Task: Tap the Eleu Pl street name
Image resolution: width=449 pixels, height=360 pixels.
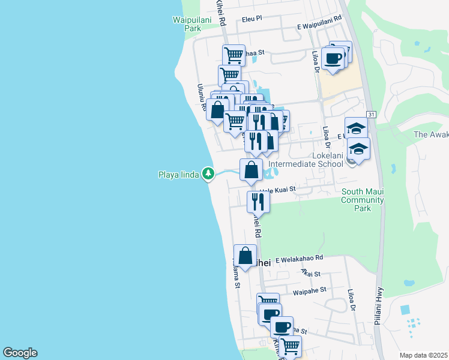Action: pyautogui.click(x=252, y=19)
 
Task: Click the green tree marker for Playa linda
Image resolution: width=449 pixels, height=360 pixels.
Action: pyautogui.click(x=208, y=174)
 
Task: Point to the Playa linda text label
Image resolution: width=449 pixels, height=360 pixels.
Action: pyautogui.click(x=178, y=175)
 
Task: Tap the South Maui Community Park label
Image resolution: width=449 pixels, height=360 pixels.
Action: pyautogui.click(x=362, y=200)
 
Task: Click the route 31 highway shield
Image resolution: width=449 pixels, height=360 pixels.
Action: pyautogui.click(x=372, y=114)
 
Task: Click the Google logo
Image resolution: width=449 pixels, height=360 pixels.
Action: pyautogui.click(x=20, y=353)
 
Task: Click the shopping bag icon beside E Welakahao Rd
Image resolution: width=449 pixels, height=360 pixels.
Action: pyautogui.click(x=246, y=256)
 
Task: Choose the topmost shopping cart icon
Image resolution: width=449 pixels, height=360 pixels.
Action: pyautogui.click(x=234, y=55)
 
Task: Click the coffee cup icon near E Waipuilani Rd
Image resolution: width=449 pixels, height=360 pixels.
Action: pyautogui.click(x=333, y=59)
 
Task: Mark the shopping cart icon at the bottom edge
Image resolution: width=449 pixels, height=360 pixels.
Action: pyautogui.click(x=290, y=346)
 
